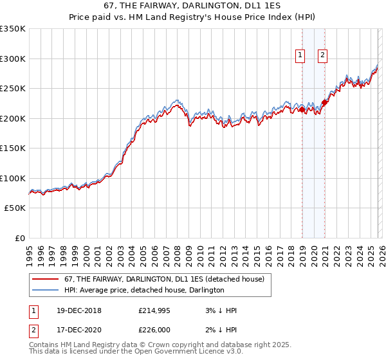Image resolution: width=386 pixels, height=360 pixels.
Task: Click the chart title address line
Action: pyautogui.click(x=193, y=6)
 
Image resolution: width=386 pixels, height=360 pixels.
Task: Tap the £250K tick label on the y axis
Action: pyautogui.click(x=13, y=88)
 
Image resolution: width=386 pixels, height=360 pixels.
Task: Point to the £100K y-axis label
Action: pyautogui.click(x=13, y=178)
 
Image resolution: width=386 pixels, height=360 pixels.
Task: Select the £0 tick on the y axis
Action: pyautogui.click(x=19, y=238)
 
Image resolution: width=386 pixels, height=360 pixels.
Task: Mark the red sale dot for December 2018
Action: pyautogui.click(x=302, y=110)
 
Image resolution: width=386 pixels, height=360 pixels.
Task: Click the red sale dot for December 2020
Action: pyautogui.click(x=325, y=102)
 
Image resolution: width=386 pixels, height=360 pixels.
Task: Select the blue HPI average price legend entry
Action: pyautogui.click(x=144, y=291)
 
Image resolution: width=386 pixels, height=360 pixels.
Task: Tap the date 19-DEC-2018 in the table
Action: pyautogui.click(x=74, y=310)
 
